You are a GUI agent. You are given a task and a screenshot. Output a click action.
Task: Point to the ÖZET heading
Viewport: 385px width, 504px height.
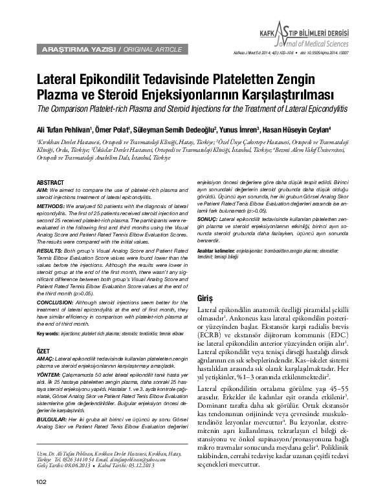pyautogui.click(x=45, y=348)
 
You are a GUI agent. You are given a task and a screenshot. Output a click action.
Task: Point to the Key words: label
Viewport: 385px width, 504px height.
pyautogui.click(x=52, y=333)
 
